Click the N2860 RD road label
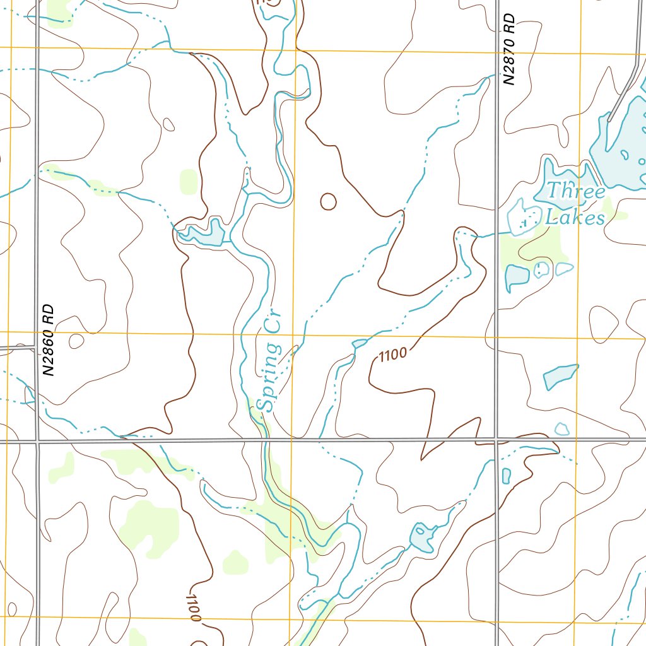tap(49, 341)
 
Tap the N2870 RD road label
tap(510, 49)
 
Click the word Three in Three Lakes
tap(575, 191)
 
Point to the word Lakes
tap(575, 218)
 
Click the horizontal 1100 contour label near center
tap(392, 355)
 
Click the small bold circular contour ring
tap(328, 201)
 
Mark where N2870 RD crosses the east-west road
tap(496, 439)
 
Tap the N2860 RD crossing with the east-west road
tap(37, 440)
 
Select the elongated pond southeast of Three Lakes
tap(560, 376)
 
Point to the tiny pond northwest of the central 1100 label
tap(359, 343)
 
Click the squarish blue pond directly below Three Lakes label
tap(517, 276)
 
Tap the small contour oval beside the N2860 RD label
tap(76, 341)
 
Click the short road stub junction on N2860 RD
tap(35, 346)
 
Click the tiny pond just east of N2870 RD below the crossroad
tap(506, 475)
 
